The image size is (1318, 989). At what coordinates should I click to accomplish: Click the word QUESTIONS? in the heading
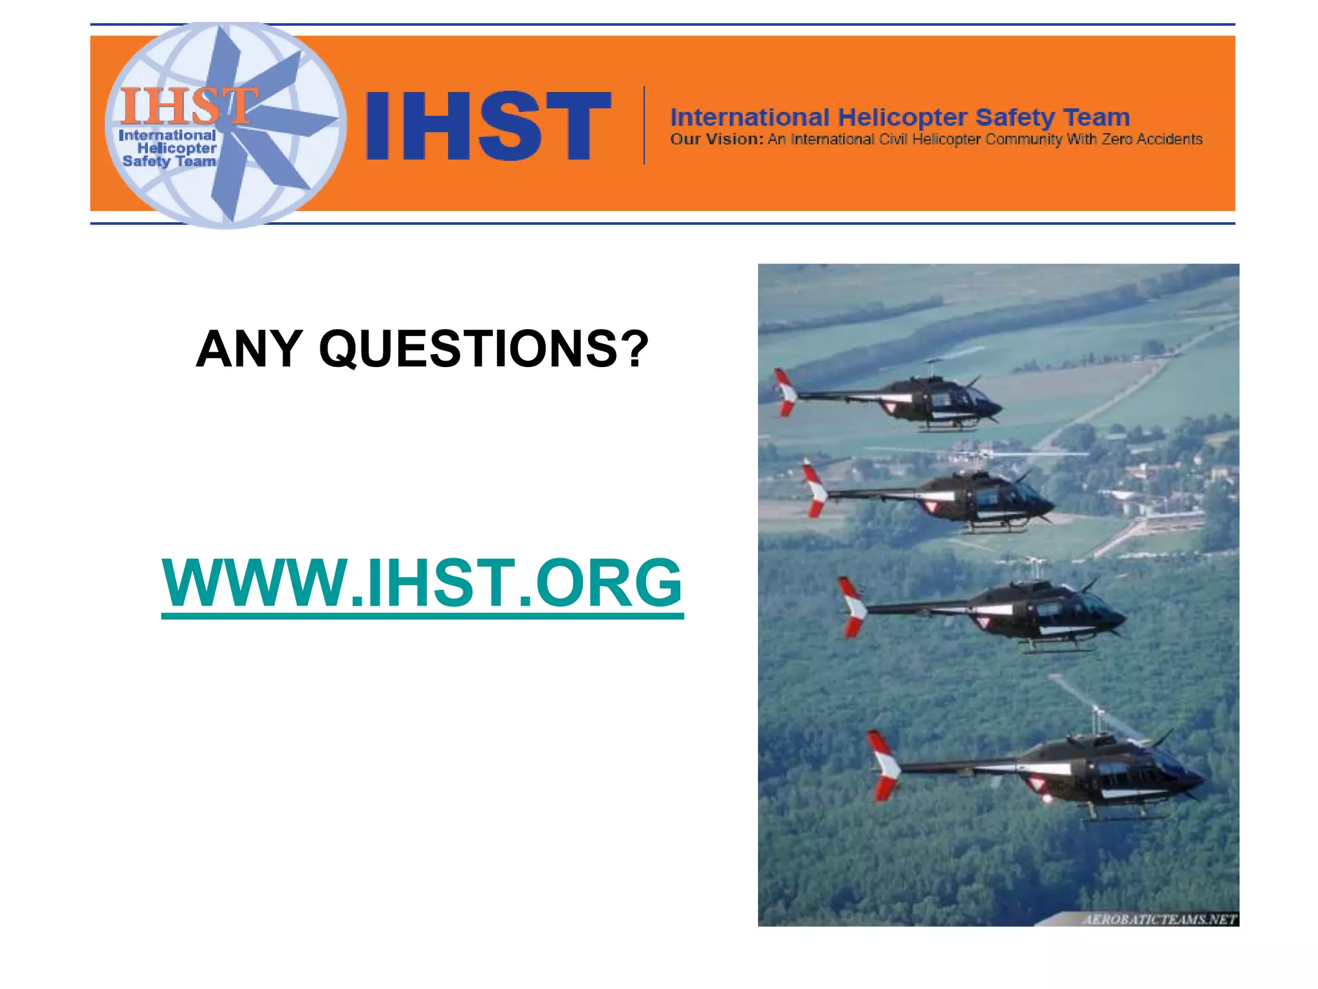pyautogui.click(x=484, y=349)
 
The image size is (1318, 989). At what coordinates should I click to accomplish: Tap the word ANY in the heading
pyautogui.click(x=249, y=349)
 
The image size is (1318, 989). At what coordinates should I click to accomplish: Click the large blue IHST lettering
pyautogui.click(x=488, y=126)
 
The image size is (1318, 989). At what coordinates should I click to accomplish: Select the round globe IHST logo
pyautogui.click(x=225, y=125)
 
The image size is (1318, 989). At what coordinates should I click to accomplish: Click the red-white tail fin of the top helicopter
pyautogui.click(x=785, y=391)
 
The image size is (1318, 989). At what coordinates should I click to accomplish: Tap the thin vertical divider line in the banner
pyautogui.click(x=644, y=126)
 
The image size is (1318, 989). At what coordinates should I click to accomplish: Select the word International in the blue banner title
pyautogui.click(x=749, y=118)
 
